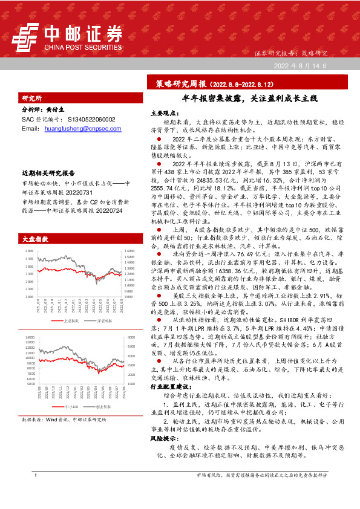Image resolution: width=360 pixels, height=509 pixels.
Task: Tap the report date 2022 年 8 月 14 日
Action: (x=301, y=65)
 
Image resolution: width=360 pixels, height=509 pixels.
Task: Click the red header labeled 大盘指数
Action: (x=34, y=239)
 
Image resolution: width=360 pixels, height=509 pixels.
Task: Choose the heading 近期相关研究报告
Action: (x=48, y=172)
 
